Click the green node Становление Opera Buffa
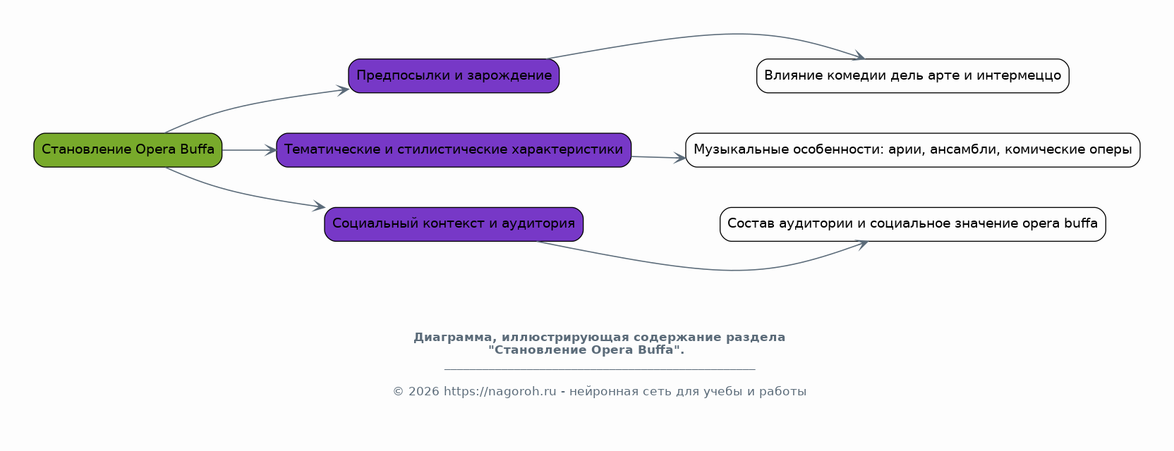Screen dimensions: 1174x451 point(128,150)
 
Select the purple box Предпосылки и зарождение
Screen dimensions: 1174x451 point(454,76)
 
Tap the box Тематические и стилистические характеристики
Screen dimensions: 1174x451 point(454,150)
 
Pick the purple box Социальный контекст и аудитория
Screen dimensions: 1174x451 point(454,225)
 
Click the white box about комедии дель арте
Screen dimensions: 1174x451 point(912,76)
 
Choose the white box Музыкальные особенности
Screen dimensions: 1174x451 point(912,150)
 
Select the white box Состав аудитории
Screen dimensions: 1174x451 point(912,225)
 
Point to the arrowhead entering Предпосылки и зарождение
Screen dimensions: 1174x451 point(344,90)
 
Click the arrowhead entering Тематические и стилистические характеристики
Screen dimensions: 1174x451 point(270,150)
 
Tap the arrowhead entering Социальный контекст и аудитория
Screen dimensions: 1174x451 point(319,206)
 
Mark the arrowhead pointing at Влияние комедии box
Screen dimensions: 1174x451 point(859,56)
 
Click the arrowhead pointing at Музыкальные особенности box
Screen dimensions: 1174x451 point(679,157)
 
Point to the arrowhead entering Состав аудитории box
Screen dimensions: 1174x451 point(862,245)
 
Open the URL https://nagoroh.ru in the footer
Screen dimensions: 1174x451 point(500,391)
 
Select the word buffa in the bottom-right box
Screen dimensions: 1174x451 point(1081,223)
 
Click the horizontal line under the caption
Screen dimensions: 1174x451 point(600,369)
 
